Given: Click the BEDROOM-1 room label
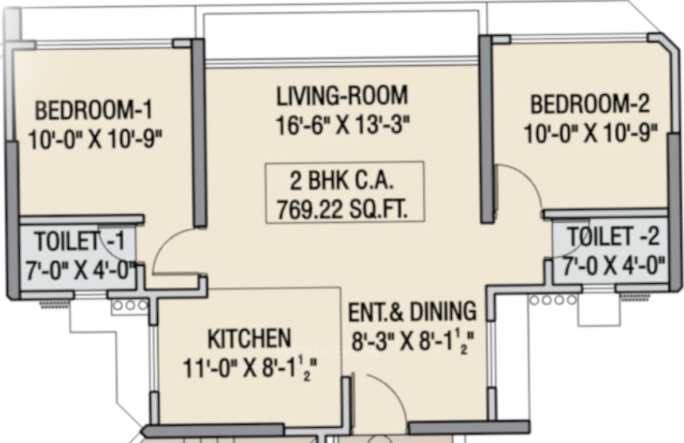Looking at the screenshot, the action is (94, 110).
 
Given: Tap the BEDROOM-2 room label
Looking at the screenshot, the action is (589, 104).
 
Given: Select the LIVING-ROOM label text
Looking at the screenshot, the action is (342, 95).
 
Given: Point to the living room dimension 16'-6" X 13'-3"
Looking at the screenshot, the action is (343, 126).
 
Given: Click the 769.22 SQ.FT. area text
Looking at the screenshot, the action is (343, 209).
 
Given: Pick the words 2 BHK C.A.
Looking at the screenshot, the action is (342, 181).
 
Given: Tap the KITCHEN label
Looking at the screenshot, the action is (249, 339).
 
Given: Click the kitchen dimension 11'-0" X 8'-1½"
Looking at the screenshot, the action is (249, 369).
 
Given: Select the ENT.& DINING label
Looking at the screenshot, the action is (412, 312).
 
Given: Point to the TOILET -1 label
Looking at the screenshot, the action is (79, 241).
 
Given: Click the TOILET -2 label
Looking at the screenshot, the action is (613, 237).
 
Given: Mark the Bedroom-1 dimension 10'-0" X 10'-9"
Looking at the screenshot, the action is (95, 140).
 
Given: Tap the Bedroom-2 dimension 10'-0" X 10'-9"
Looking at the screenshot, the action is (590, 134).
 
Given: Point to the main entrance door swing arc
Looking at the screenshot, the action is (394, 386).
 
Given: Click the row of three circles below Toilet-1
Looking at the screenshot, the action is (130, 305).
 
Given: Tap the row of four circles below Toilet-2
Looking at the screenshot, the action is (553, 300).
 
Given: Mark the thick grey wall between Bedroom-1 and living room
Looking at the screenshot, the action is (199, 133).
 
